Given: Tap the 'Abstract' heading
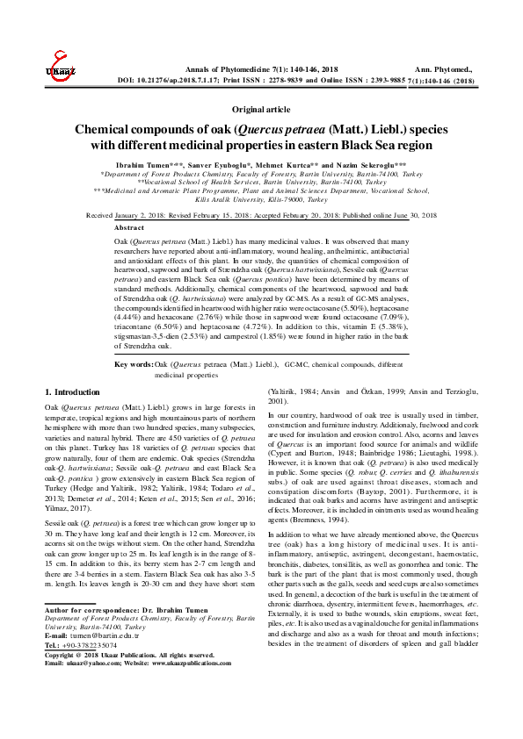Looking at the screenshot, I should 129,227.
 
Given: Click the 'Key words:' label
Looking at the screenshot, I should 134,362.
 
